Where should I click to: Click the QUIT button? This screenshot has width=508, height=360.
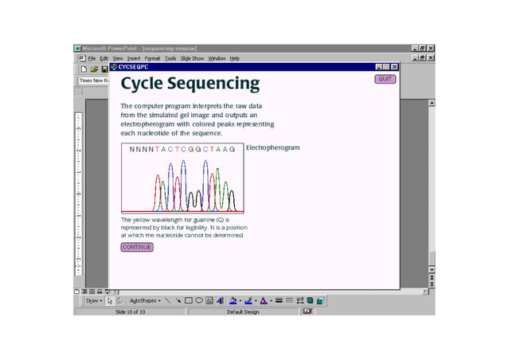385,79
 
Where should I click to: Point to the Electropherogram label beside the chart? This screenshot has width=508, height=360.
273,147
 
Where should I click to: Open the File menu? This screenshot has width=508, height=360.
92,58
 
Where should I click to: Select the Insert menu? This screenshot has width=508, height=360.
133,58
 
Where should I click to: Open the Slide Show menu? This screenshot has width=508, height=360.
192,58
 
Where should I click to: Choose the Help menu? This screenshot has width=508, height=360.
234,58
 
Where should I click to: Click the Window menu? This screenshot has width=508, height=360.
217,58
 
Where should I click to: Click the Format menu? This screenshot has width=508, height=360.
152,58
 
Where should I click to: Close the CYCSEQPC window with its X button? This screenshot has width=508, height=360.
393,67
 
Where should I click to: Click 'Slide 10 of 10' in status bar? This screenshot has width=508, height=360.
131,312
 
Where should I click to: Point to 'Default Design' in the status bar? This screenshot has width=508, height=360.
243,312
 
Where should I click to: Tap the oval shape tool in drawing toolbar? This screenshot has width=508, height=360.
199,301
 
